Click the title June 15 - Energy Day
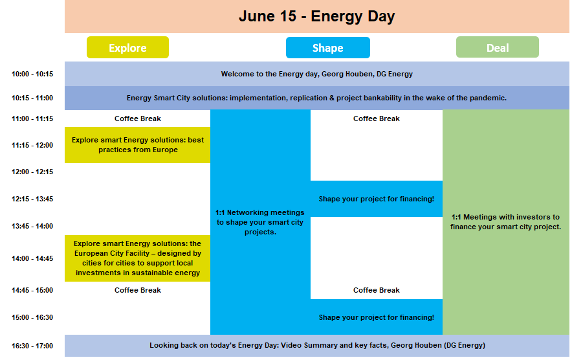tap(316, 16)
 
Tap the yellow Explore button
tap(127, 47)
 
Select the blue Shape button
tap(328, 47)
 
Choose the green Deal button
tap(498, 47)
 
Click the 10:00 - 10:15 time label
tap(32, 74)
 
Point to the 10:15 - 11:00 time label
tap(32, 98)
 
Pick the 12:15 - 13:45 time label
tap(32, 199)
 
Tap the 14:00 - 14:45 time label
tap(32, 258)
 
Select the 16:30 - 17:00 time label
tap(32, 346)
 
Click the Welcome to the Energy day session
tap(317, 74)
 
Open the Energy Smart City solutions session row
tap(317, 98)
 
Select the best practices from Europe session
tap(138, 145)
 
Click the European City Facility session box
tap(138, 258)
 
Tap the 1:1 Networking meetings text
tap(259, 222)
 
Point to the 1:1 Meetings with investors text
tap(505, 221)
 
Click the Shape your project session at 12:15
tap(377, 199)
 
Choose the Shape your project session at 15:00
tap(377, 317)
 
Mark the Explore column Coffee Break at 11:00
tap(138, 118)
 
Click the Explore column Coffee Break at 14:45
tap(138, 290)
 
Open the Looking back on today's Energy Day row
tap(317, 345)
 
